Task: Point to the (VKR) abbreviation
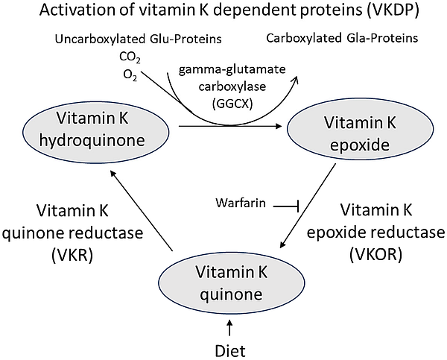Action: point(75,253)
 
